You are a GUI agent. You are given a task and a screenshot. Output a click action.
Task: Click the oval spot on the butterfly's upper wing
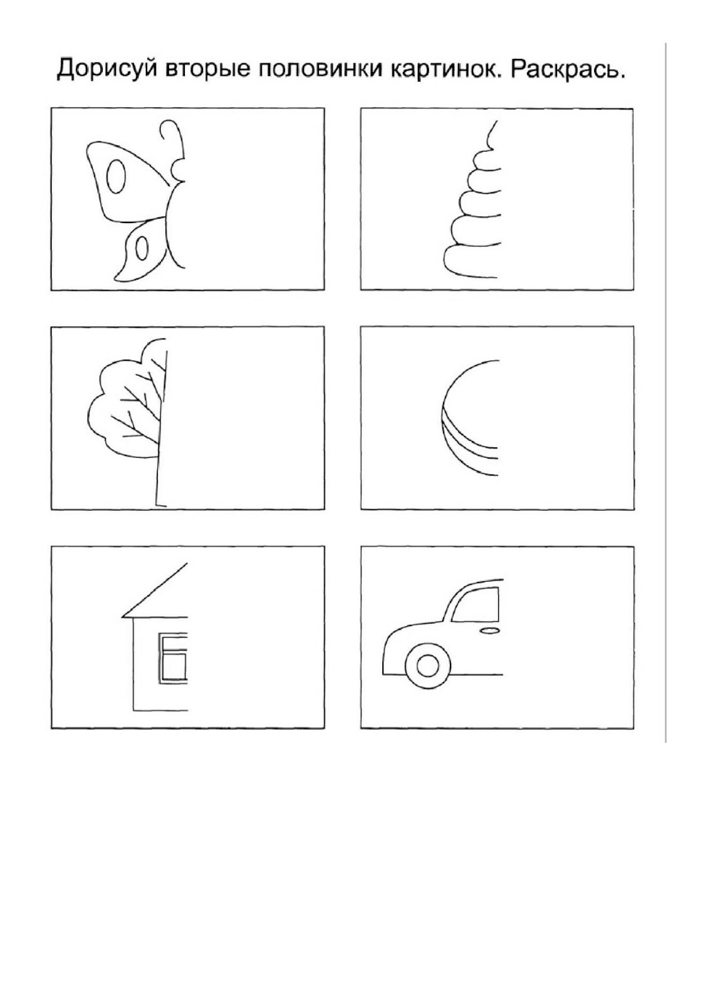point(115,176)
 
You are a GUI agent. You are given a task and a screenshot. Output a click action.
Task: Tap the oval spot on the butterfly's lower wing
point(142,248)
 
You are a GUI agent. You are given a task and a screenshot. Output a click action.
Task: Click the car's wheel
point(428,665)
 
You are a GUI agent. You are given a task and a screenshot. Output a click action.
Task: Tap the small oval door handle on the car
point(489,630)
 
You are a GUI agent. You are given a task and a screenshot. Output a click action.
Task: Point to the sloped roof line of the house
point(155,590)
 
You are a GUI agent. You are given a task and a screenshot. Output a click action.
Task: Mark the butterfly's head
point(178,170)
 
